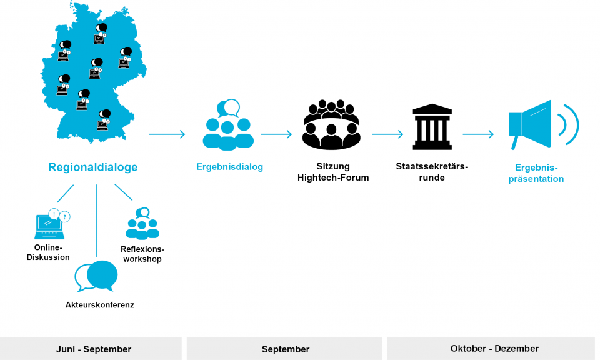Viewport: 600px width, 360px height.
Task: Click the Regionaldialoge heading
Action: (x=93, y=167)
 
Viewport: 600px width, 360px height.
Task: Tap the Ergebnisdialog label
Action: (x=229, y=167)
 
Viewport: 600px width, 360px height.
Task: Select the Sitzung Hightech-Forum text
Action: (x=332, y=172)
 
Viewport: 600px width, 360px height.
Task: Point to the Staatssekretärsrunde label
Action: (x=432, y=172)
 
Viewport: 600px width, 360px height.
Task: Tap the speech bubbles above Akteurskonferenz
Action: (x=97, y=276)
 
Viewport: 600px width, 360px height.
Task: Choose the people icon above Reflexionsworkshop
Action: (x=142, y=224)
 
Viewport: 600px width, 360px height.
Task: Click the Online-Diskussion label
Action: (x=49, y=252)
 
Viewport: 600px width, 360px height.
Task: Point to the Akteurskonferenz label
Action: (x=100, y=305)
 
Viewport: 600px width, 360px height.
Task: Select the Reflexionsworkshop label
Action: (x=142, y=254)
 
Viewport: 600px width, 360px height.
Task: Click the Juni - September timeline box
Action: (x=91, y=349)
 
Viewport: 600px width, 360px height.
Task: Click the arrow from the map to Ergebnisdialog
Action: (x=167, y=134)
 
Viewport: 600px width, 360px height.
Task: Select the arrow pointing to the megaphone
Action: (x=478, y=134)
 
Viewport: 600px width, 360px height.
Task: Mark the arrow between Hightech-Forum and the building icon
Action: (x=387, y=134)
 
